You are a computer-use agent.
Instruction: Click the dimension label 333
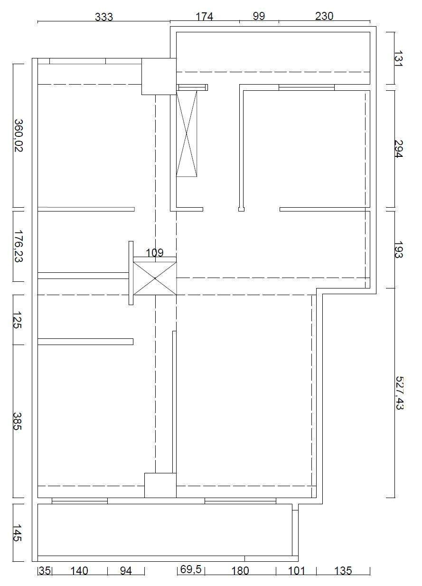(104, 17)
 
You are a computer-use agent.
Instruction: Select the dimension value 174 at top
(204, 17)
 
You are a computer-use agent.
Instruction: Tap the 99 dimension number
(259, 16)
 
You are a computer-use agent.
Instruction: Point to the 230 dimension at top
(324, 16)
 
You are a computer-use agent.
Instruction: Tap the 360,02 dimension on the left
(19, 135)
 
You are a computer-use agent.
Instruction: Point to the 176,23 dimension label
(19, 246)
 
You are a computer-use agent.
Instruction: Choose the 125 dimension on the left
(17, 320)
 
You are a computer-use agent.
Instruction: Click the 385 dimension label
(17, 421)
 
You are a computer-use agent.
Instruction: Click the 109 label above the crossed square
(155, 253)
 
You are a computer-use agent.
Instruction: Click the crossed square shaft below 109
(155, 279)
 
